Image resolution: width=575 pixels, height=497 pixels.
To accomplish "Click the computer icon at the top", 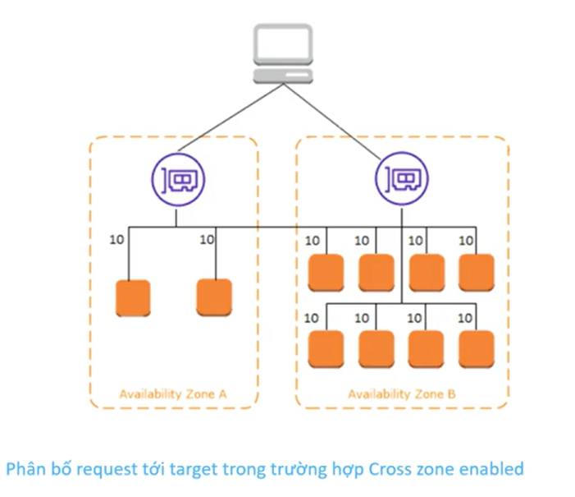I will (x=283, y=53).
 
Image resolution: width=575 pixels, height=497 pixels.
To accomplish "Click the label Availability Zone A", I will (x=173, y=393).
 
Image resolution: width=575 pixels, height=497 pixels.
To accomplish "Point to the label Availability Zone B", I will (x=402, y=393).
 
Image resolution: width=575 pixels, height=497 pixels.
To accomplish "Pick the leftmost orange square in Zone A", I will (x=133, y=298).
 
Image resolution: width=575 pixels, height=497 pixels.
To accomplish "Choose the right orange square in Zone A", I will (x=214, y=298).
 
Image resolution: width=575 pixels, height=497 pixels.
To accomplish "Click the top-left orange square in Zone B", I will (x=326, y=273).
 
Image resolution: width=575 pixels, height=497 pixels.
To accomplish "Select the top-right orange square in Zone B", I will (x=477, y=273).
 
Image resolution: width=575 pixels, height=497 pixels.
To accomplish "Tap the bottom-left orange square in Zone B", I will (x=326, y=348).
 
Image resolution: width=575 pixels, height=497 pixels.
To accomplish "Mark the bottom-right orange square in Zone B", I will (x=477, y=348).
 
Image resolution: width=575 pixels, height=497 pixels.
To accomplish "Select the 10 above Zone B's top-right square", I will (x=466, y=241).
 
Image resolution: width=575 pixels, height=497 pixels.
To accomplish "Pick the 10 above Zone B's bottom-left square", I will (x=313, y=317).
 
